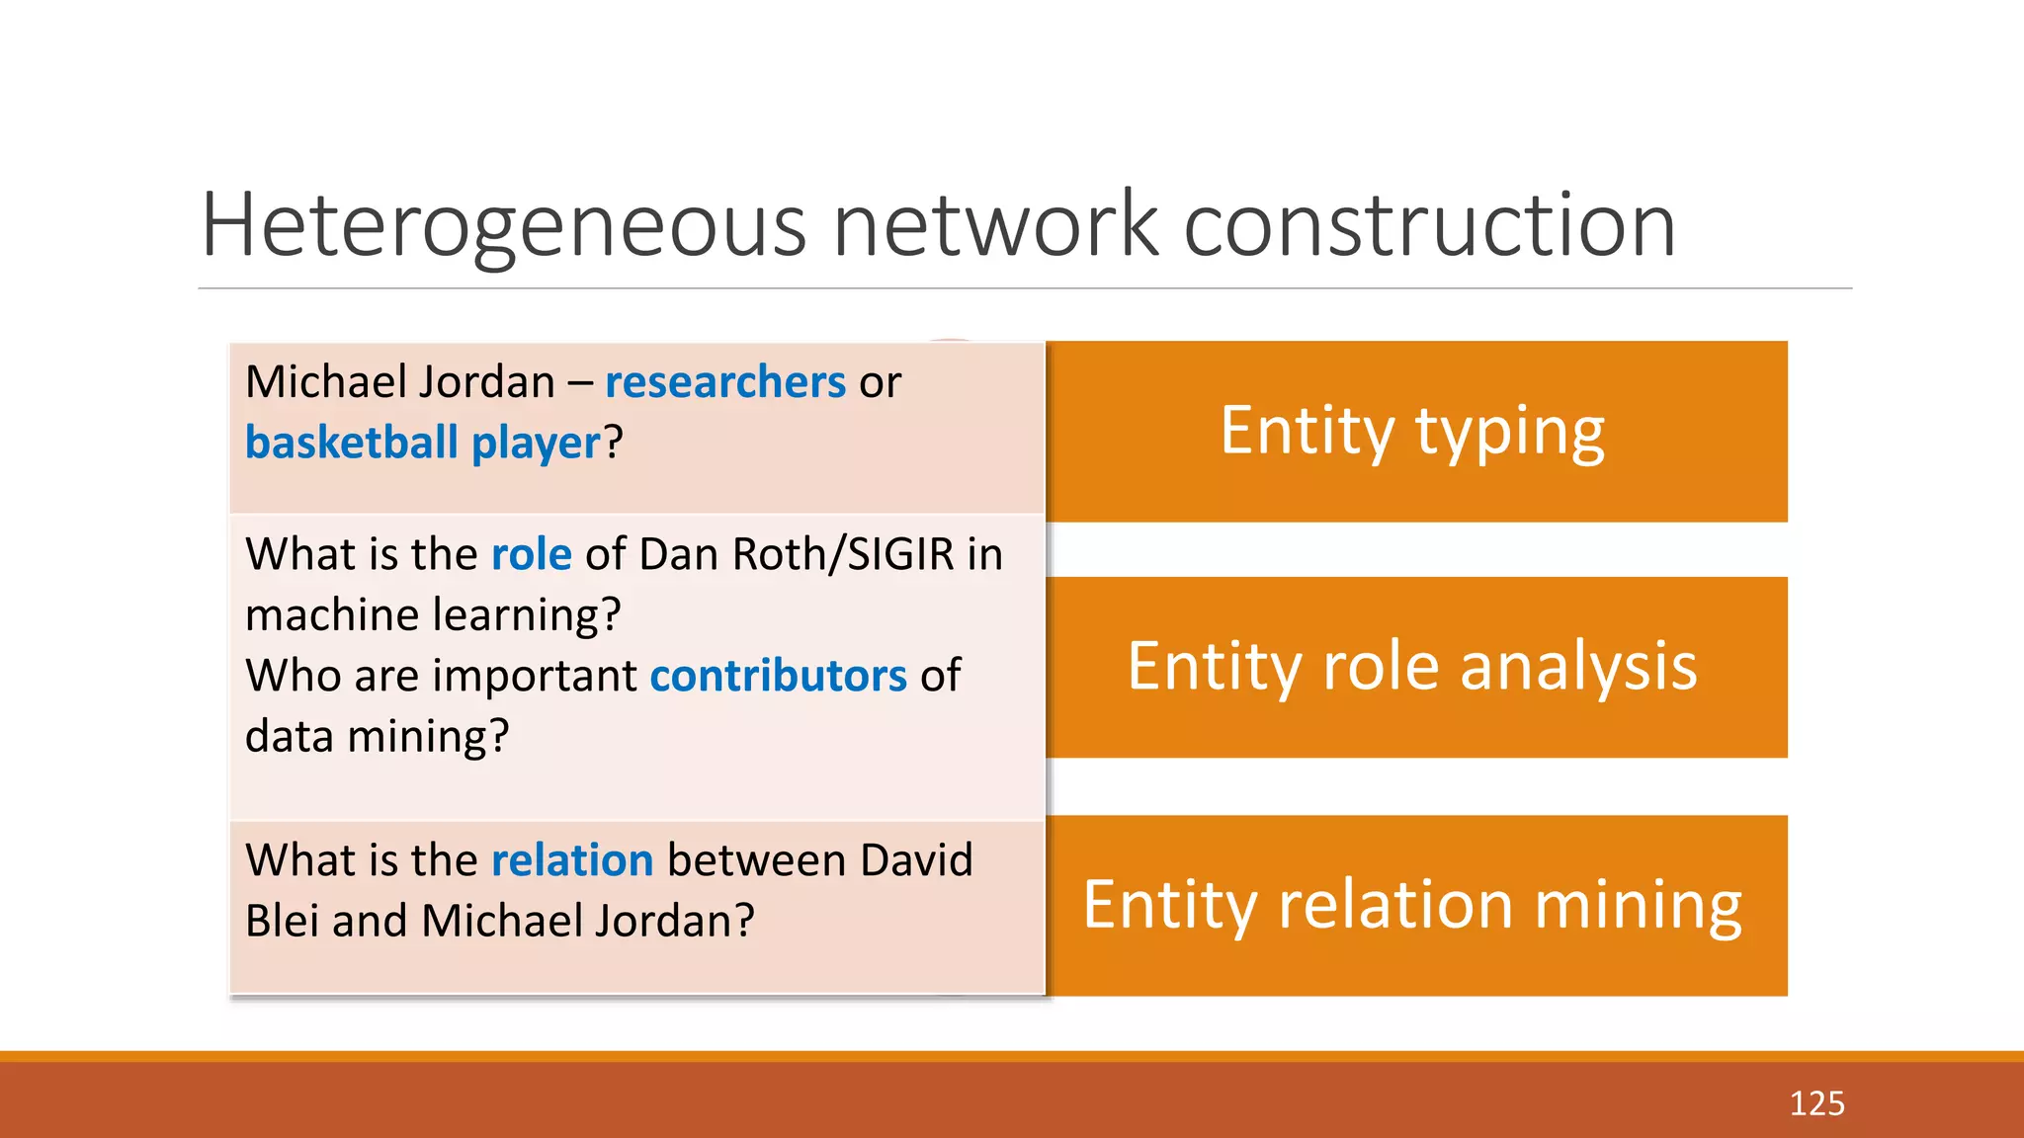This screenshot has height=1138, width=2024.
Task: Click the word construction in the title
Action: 1429,227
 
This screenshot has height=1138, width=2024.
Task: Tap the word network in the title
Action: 995,227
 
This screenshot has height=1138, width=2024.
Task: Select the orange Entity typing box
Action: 1416,432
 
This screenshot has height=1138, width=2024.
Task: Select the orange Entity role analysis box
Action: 1416,667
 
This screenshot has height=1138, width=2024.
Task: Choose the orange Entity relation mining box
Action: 1416,905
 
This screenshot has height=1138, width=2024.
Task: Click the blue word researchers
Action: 724,382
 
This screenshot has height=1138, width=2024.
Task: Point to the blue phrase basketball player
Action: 423,443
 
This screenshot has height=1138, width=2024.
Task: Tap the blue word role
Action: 531,554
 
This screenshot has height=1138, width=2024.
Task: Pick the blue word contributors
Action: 778,676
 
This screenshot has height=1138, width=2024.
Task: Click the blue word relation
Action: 572,860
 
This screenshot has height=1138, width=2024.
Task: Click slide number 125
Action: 1816,1103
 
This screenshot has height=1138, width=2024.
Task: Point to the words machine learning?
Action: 433,615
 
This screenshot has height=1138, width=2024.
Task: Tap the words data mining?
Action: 377,737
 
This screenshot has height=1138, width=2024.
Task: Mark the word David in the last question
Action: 916,860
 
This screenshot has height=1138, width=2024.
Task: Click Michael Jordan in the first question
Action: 400,382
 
